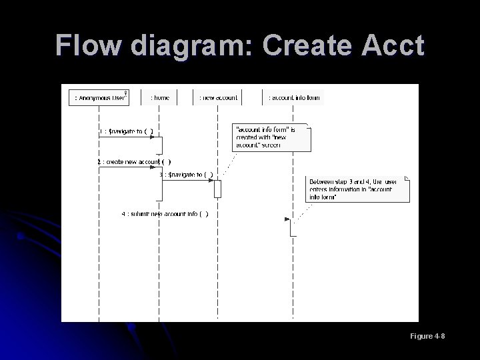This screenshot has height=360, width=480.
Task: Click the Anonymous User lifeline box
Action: point(99,97)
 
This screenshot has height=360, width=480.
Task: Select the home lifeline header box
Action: point(159,97)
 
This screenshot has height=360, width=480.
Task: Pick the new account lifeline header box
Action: point(217,97)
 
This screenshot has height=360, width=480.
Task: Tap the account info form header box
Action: point(293,97)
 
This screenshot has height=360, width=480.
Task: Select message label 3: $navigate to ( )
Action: point(186,175)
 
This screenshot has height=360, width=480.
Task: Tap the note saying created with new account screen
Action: point(271,137)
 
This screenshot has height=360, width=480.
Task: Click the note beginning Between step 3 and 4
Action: point(359,189)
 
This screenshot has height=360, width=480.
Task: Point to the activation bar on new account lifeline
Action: point(217,189)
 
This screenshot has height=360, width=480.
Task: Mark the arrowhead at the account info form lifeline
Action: point(287,219)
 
